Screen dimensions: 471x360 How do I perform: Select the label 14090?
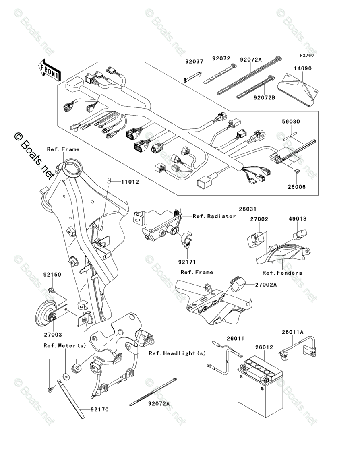[302, 69]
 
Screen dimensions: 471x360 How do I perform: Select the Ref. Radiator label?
[214, 217]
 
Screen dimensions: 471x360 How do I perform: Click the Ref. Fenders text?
[282, 273]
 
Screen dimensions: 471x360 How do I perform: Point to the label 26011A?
[292, 332]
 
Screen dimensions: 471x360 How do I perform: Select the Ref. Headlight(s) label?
[177, 353]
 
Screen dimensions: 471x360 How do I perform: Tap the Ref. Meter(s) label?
[65, 345]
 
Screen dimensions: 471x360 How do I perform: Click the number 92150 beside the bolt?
[52, 275]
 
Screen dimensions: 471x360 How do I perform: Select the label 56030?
[291, 121]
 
